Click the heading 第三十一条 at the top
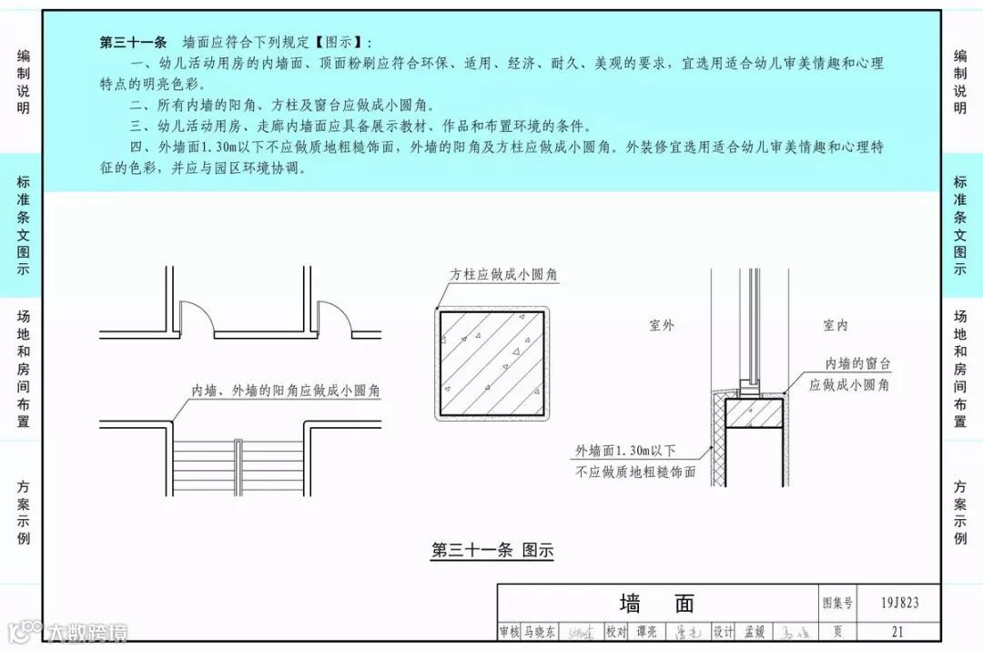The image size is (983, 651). pos(133,42)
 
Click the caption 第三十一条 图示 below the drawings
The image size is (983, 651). pos(491,550)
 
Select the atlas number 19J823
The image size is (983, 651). pos(899,602)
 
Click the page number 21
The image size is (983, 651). pos(898,631)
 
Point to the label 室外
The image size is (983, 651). pos(662,325)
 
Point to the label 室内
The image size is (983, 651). pos(836,325)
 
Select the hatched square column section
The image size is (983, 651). pos(491,362)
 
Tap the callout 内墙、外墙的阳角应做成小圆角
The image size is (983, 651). pos(285,391)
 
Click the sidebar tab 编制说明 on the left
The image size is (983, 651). pos(23,82)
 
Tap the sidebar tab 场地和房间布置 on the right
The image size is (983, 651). pos(960,368)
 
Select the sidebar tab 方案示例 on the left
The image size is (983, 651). pos(23,512)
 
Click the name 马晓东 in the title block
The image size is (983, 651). pos(539,631)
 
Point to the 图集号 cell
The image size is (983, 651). pos(837,603)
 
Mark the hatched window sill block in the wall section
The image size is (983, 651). pos(755,413)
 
